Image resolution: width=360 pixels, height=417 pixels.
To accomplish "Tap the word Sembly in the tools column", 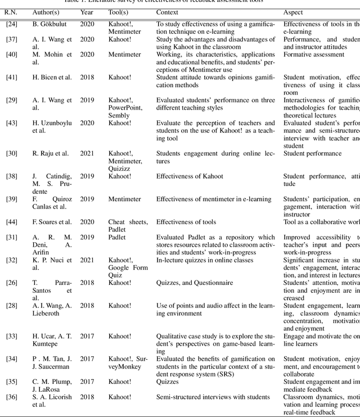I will [x=119, y=115].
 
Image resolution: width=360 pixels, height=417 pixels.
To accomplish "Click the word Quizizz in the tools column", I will [x=120, y=169].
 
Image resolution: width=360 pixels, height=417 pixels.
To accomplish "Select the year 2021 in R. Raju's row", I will [x=87, y=153].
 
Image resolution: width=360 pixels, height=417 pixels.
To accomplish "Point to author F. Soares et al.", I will [x=56, y=222].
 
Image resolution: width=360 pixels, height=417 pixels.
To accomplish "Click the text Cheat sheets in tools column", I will [x=128, y=222].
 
